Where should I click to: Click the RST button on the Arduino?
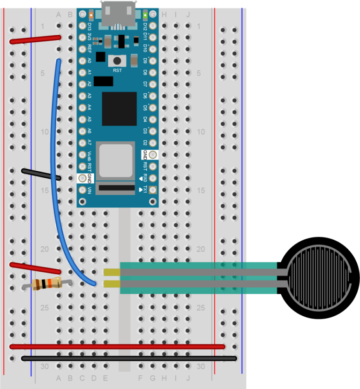[117, 61]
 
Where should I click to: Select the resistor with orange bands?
[47, 283]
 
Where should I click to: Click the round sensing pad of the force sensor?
[319, 277]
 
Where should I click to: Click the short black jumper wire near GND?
[41, 174]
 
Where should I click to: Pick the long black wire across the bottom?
[129, 358]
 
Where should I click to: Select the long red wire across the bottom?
[117, 347]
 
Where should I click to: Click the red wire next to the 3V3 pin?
[36, 39]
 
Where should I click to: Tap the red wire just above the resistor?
[36, 268]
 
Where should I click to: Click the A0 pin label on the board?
[89, 61]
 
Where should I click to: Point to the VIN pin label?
[89, 190]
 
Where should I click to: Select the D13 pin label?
[89, 26]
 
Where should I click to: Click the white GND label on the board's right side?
[145, 154]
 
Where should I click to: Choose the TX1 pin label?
[146, 189]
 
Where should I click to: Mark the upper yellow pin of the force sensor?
[112, 272]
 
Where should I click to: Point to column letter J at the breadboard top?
[188, 15]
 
